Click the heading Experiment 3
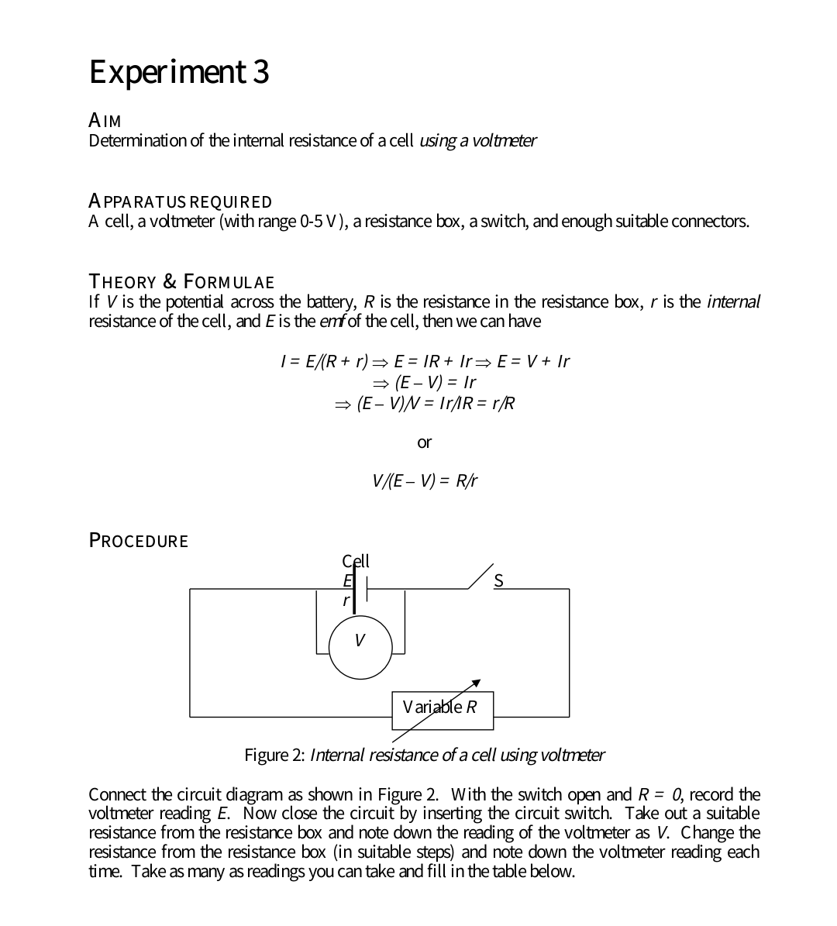click(x=179, y=72)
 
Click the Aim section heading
click(x=105, y=121)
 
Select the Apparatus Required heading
click(x=181, y=201)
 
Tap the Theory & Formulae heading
click(x=181, y=281)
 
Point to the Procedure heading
click(x=139, y=540)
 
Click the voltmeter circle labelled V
click(x=360, y=646)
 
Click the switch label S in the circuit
click(x=498, y=580)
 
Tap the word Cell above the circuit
click(x=356, y=560)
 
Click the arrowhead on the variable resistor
click(x=477, y=683)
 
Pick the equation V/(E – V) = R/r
click(x=425, y=480)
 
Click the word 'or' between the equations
click(x=424, y=442)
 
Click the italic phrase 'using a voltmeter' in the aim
click(x=477, y=141)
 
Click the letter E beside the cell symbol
click(x=347, y=580)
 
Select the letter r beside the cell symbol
click(x=346, y=599)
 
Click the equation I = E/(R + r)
click(x=323, y=361)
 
